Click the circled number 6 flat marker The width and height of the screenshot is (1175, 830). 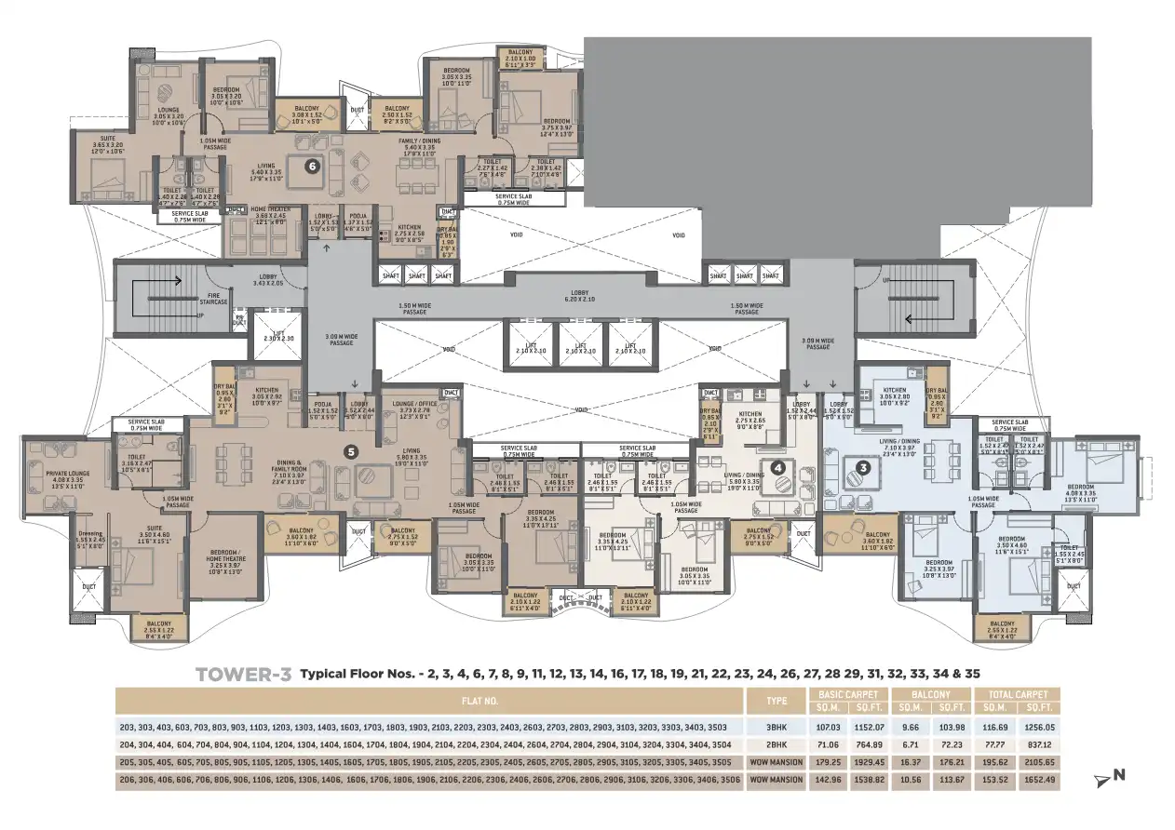coord(313,167)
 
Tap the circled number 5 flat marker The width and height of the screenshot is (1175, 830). coord(351,452)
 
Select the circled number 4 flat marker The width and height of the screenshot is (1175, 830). coord(777,468)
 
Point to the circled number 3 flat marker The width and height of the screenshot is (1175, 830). coord(863,468)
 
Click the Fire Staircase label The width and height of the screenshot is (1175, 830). coord(214,300)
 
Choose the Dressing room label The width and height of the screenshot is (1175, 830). coord(89,537)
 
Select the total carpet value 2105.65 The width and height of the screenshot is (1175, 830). coord(1036,761)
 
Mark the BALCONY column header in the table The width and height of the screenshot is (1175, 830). coord(930,694)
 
